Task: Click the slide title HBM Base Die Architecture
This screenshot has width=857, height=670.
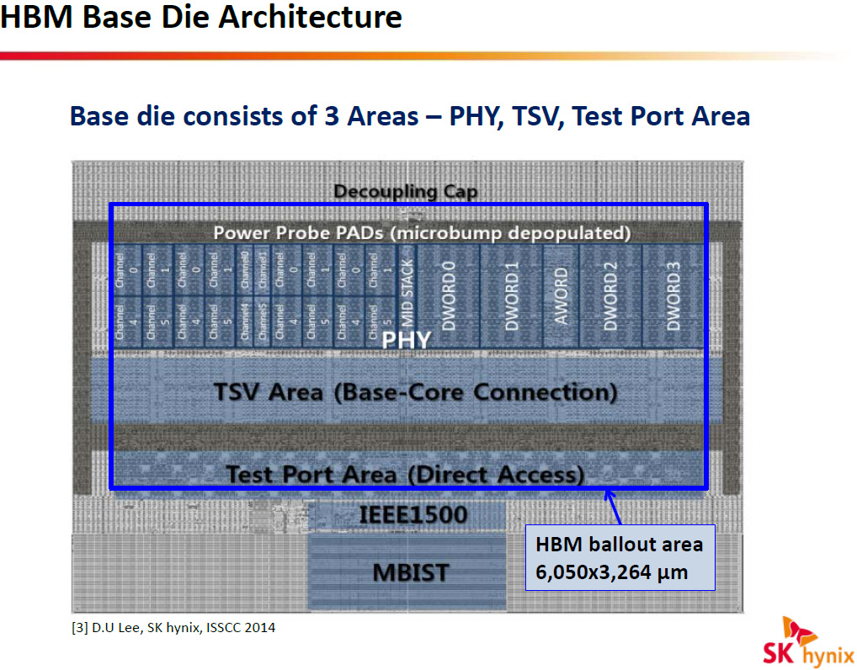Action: pos(201,18)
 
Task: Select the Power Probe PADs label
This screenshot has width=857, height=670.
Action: pos(422,232)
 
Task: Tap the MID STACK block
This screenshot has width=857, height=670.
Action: pos(407,294)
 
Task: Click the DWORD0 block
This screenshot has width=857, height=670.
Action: pos(449,294)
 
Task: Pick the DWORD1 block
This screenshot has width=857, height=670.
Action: pos(511,294)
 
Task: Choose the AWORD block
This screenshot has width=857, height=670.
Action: pos(561,294)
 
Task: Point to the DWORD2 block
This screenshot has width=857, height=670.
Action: pos(611,294)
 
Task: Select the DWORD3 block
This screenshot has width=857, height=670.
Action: pos(673,294)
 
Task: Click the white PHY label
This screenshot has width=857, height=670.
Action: pos(407,341)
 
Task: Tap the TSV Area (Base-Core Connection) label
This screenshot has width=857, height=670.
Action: pos(415,392)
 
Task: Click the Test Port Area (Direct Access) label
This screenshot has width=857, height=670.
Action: pos(405,474)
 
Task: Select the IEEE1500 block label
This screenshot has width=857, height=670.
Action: pos(413,513)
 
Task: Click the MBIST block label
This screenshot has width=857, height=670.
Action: pos(411,573)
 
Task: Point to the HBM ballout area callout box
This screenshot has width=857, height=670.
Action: pos(620,558)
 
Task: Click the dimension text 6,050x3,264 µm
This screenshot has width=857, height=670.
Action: pos(612,572)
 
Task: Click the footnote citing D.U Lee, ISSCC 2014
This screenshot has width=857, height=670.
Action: pos(173,627)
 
